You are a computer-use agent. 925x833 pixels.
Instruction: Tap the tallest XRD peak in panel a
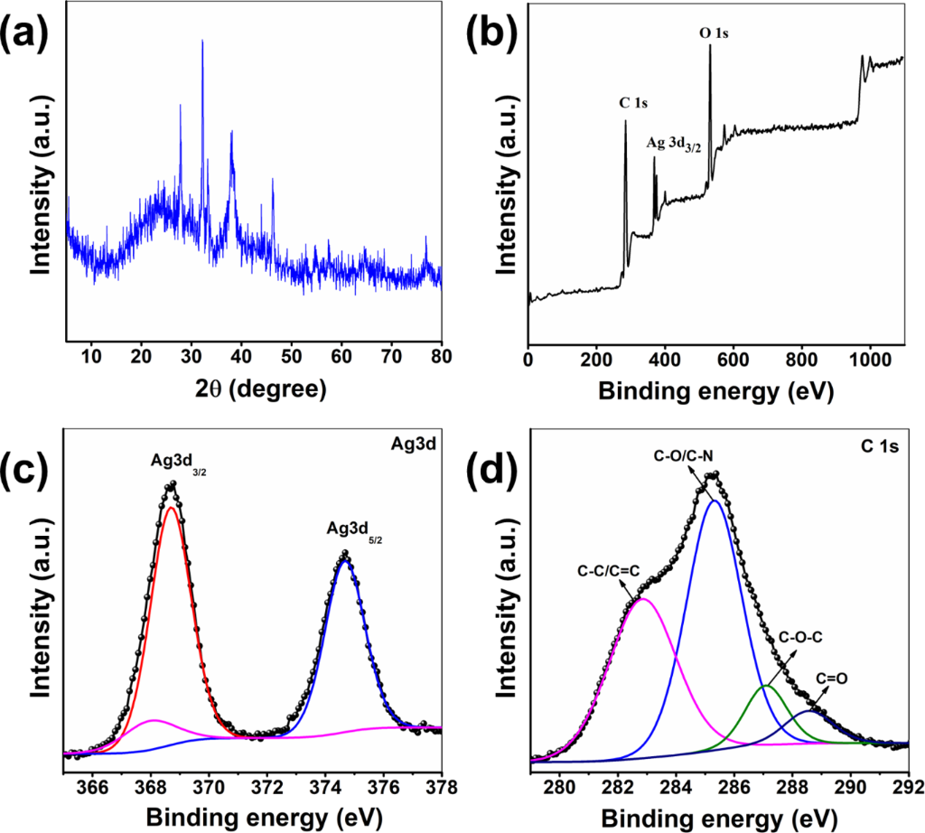(202, 42)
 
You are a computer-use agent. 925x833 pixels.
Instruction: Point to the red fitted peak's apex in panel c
(171, 508)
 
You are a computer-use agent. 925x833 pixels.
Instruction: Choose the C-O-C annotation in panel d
(799, 636)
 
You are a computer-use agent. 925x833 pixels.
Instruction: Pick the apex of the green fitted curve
(766, 687)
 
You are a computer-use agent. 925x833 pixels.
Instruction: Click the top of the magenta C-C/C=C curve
(642, 599)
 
